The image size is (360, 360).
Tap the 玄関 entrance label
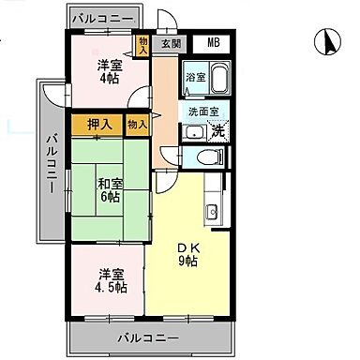[x=171, y=43]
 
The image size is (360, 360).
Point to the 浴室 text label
[x=194, y=77]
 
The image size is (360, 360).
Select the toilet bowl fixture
[x=195, y=156]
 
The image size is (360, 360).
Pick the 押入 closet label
[x=100, y=124]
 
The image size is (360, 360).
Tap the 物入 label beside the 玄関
[x=143, y=46]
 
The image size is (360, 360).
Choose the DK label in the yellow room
[x=188, y=247]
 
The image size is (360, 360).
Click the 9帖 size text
[x=188, y=262]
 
